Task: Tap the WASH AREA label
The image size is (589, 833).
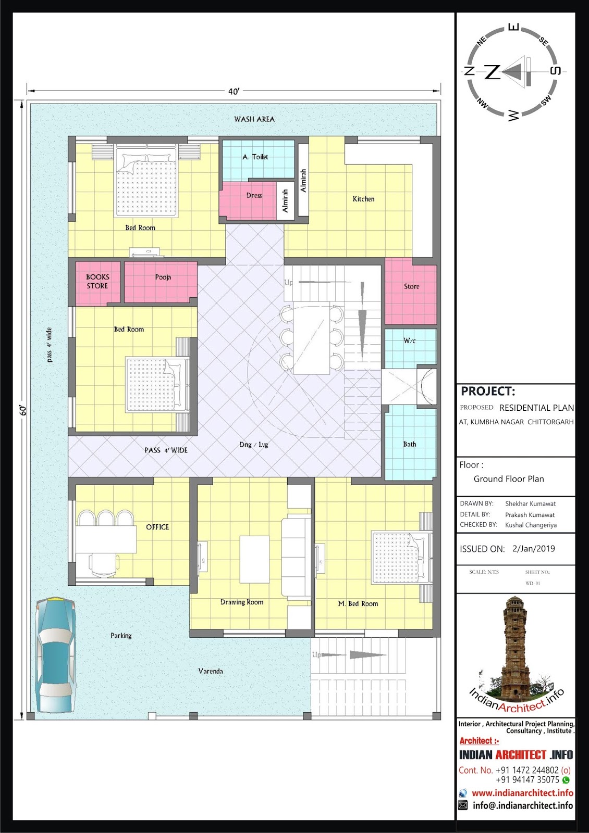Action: pyautogui.click(x=254, y=119)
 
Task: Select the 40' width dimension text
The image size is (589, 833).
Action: pyautogui.click(x=234, y=92)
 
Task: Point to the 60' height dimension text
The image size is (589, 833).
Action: pyautogui.click(x=23, y=411)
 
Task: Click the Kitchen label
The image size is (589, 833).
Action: pyautogui.click(x=363, y=199)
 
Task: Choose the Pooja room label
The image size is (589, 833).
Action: pyautogui.click(x=163, y=277)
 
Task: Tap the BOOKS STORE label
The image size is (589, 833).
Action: pyautogui.click(x=97, y=282)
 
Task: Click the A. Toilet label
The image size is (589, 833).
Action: pyautogui.click(x=255, y=157)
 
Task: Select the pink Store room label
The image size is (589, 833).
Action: pyautogui.click(x=411, y=286)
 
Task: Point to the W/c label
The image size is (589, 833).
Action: pyautogui.click(x=410, y=340)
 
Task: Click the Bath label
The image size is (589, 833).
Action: pyautogui.click(x=410, y=444)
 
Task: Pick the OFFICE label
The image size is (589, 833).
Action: pyautogui.click(x=157, y=527)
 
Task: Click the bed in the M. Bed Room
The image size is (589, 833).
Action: pyautogui.click(x=402, y=557)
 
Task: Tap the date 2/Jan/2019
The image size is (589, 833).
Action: pyautogui.click(x=534, y=549)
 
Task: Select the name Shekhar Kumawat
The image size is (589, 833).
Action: pyautogui.click(x=530, y=504)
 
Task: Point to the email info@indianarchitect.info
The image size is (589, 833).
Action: pyautogui.click(x=523, y=805)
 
